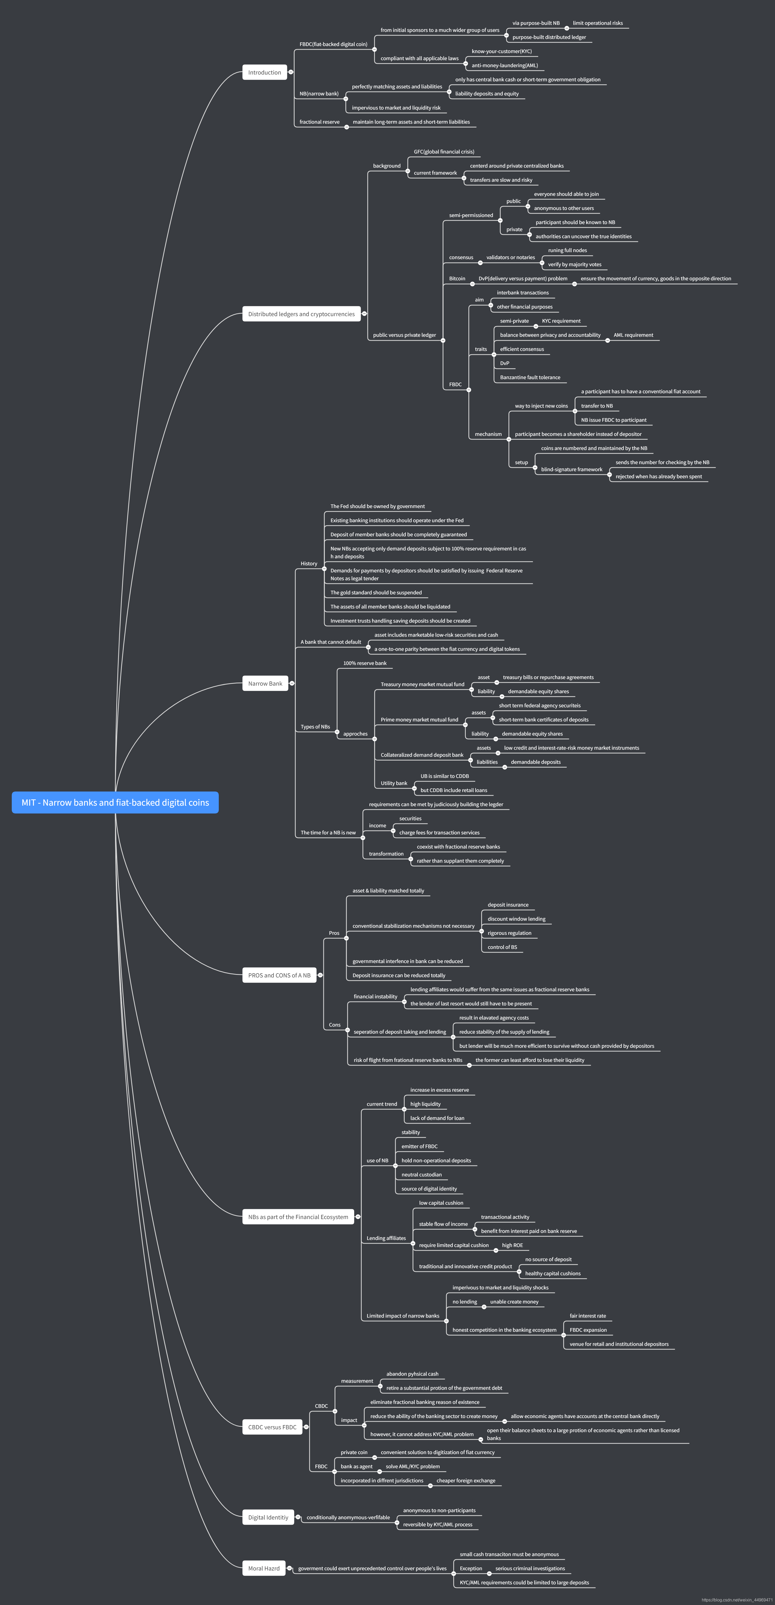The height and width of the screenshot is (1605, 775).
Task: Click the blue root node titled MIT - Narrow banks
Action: [115, 802]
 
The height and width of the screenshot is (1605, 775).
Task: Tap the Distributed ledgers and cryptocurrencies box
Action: [302, 314]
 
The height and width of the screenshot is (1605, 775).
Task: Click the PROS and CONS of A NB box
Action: [279, 975]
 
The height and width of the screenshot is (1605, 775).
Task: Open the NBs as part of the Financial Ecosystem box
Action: [298, 1217]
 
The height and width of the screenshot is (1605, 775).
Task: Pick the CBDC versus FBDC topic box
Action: [272, 1427]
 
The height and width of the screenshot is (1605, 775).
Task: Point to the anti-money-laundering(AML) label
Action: [505, 65]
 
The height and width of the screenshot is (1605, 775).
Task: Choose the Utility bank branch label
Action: [394, 783]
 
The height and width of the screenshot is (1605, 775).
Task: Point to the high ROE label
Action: [512, 1245]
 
